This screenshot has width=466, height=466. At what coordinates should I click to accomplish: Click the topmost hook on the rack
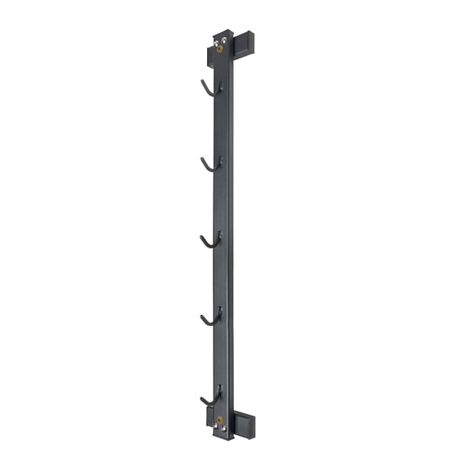click(x=210, y=87)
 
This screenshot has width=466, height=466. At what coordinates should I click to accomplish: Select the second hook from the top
click(x=210, y=164)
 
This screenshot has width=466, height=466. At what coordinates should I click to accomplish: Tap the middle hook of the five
click(x=210, y=240)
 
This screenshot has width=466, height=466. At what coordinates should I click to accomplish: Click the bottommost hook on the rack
click(x=210, y=397)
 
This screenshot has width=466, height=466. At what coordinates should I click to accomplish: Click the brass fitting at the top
click(x=219, y=48)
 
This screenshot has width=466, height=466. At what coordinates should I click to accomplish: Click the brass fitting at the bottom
click(x=219, y=420)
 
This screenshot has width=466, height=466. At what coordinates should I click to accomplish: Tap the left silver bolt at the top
click(x=215, y=37)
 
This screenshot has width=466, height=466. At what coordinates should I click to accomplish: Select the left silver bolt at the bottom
click(x=216, y=428)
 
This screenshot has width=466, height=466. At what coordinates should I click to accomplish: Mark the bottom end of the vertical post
click(x=222, y=436)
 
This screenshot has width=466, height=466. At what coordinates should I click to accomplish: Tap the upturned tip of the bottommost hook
click(x=201, y=396)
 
